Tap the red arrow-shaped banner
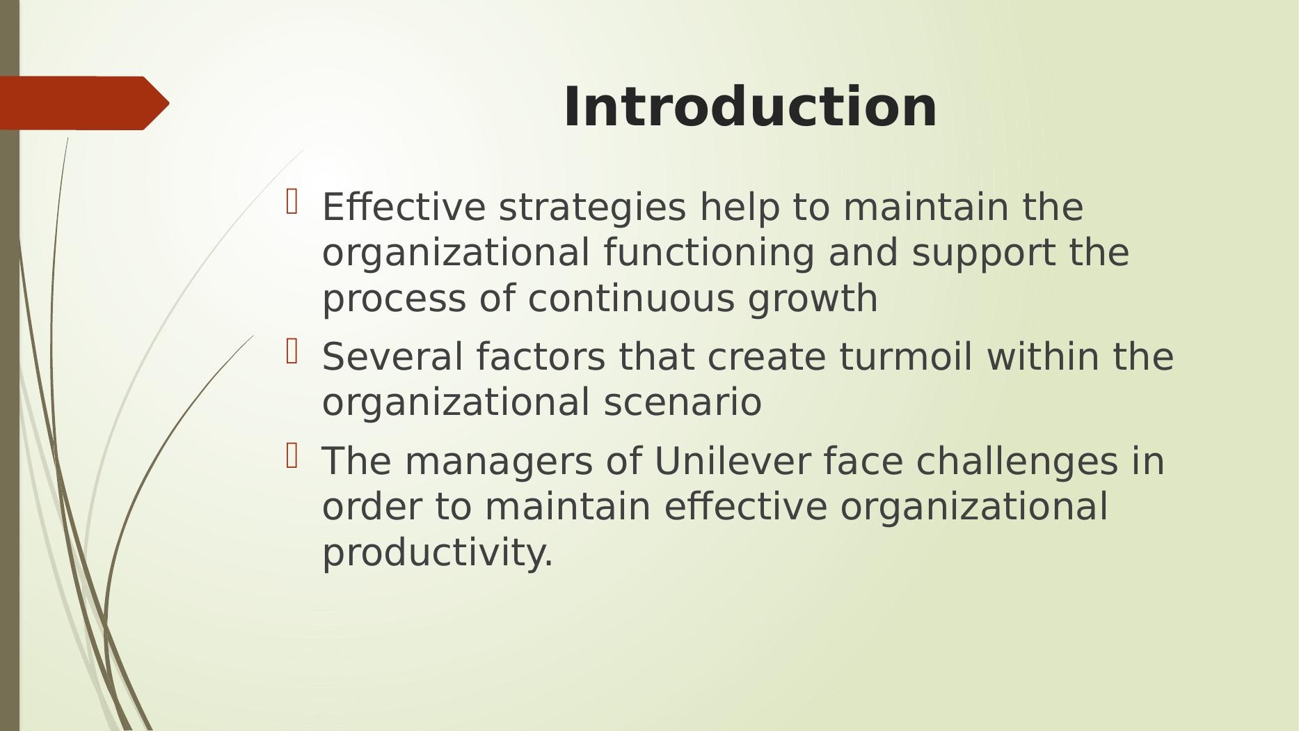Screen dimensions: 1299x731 pos(84,103)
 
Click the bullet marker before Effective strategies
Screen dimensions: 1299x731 pos(292,202)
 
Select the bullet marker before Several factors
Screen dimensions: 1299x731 pos(292,352)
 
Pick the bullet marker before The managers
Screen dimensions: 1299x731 pos(292,456)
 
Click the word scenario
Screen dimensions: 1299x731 pos(683,402)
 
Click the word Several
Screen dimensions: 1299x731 pos(393,356)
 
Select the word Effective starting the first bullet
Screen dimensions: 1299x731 pos(404,207)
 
